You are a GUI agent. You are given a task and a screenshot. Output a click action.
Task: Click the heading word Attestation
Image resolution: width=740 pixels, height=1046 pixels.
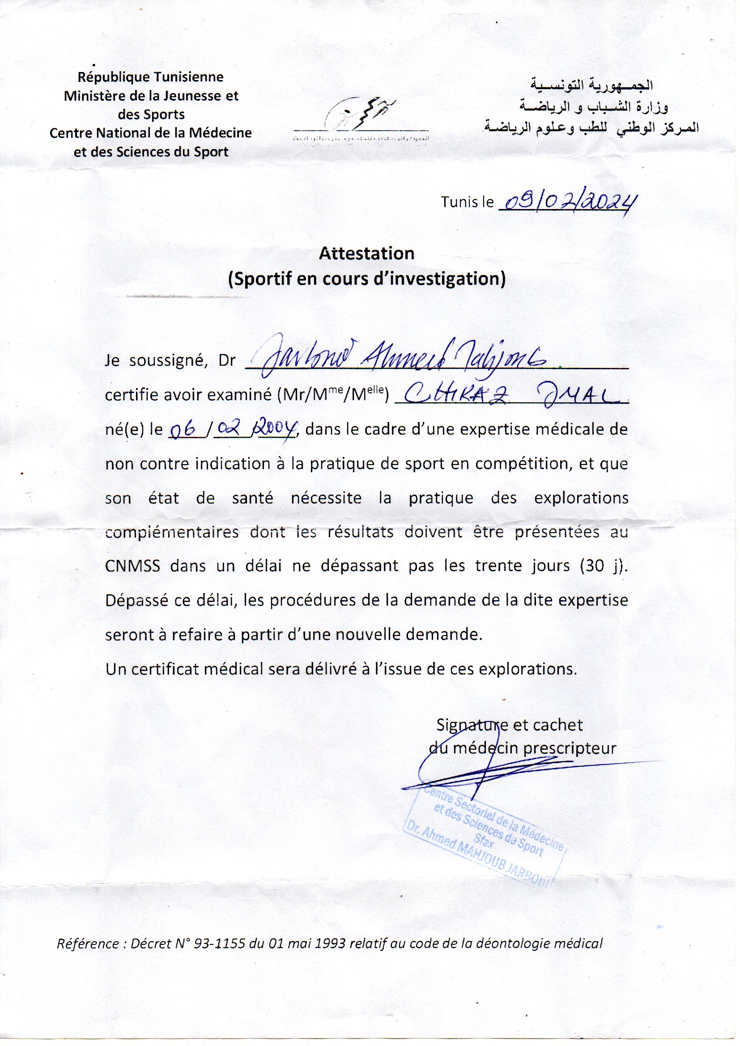[x=366, y=253]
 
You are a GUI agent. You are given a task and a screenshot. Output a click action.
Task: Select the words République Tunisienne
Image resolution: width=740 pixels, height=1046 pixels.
[x=150, y=77]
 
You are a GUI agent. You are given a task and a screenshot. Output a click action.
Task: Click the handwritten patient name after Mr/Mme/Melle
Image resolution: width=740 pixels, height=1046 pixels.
[x=510, y=395]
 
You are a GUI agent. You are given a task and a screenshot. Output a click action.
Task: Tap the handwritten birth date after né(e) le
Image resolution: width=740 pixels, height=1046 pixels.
[x=232, y=429]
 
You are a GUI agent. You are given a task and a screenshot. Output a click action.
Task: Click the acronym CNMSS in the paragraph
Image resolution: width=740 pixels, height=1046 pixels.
[x=132, y=566]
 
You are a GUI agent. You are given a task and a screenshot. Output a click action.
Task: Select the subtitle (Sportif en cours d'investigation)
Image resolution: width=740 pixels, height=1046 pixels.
[x=366, y=278]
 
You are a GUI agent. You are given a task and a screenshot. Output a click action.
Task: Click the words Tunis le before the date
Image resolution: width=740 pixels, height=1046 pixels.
[x=467, y=202]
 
